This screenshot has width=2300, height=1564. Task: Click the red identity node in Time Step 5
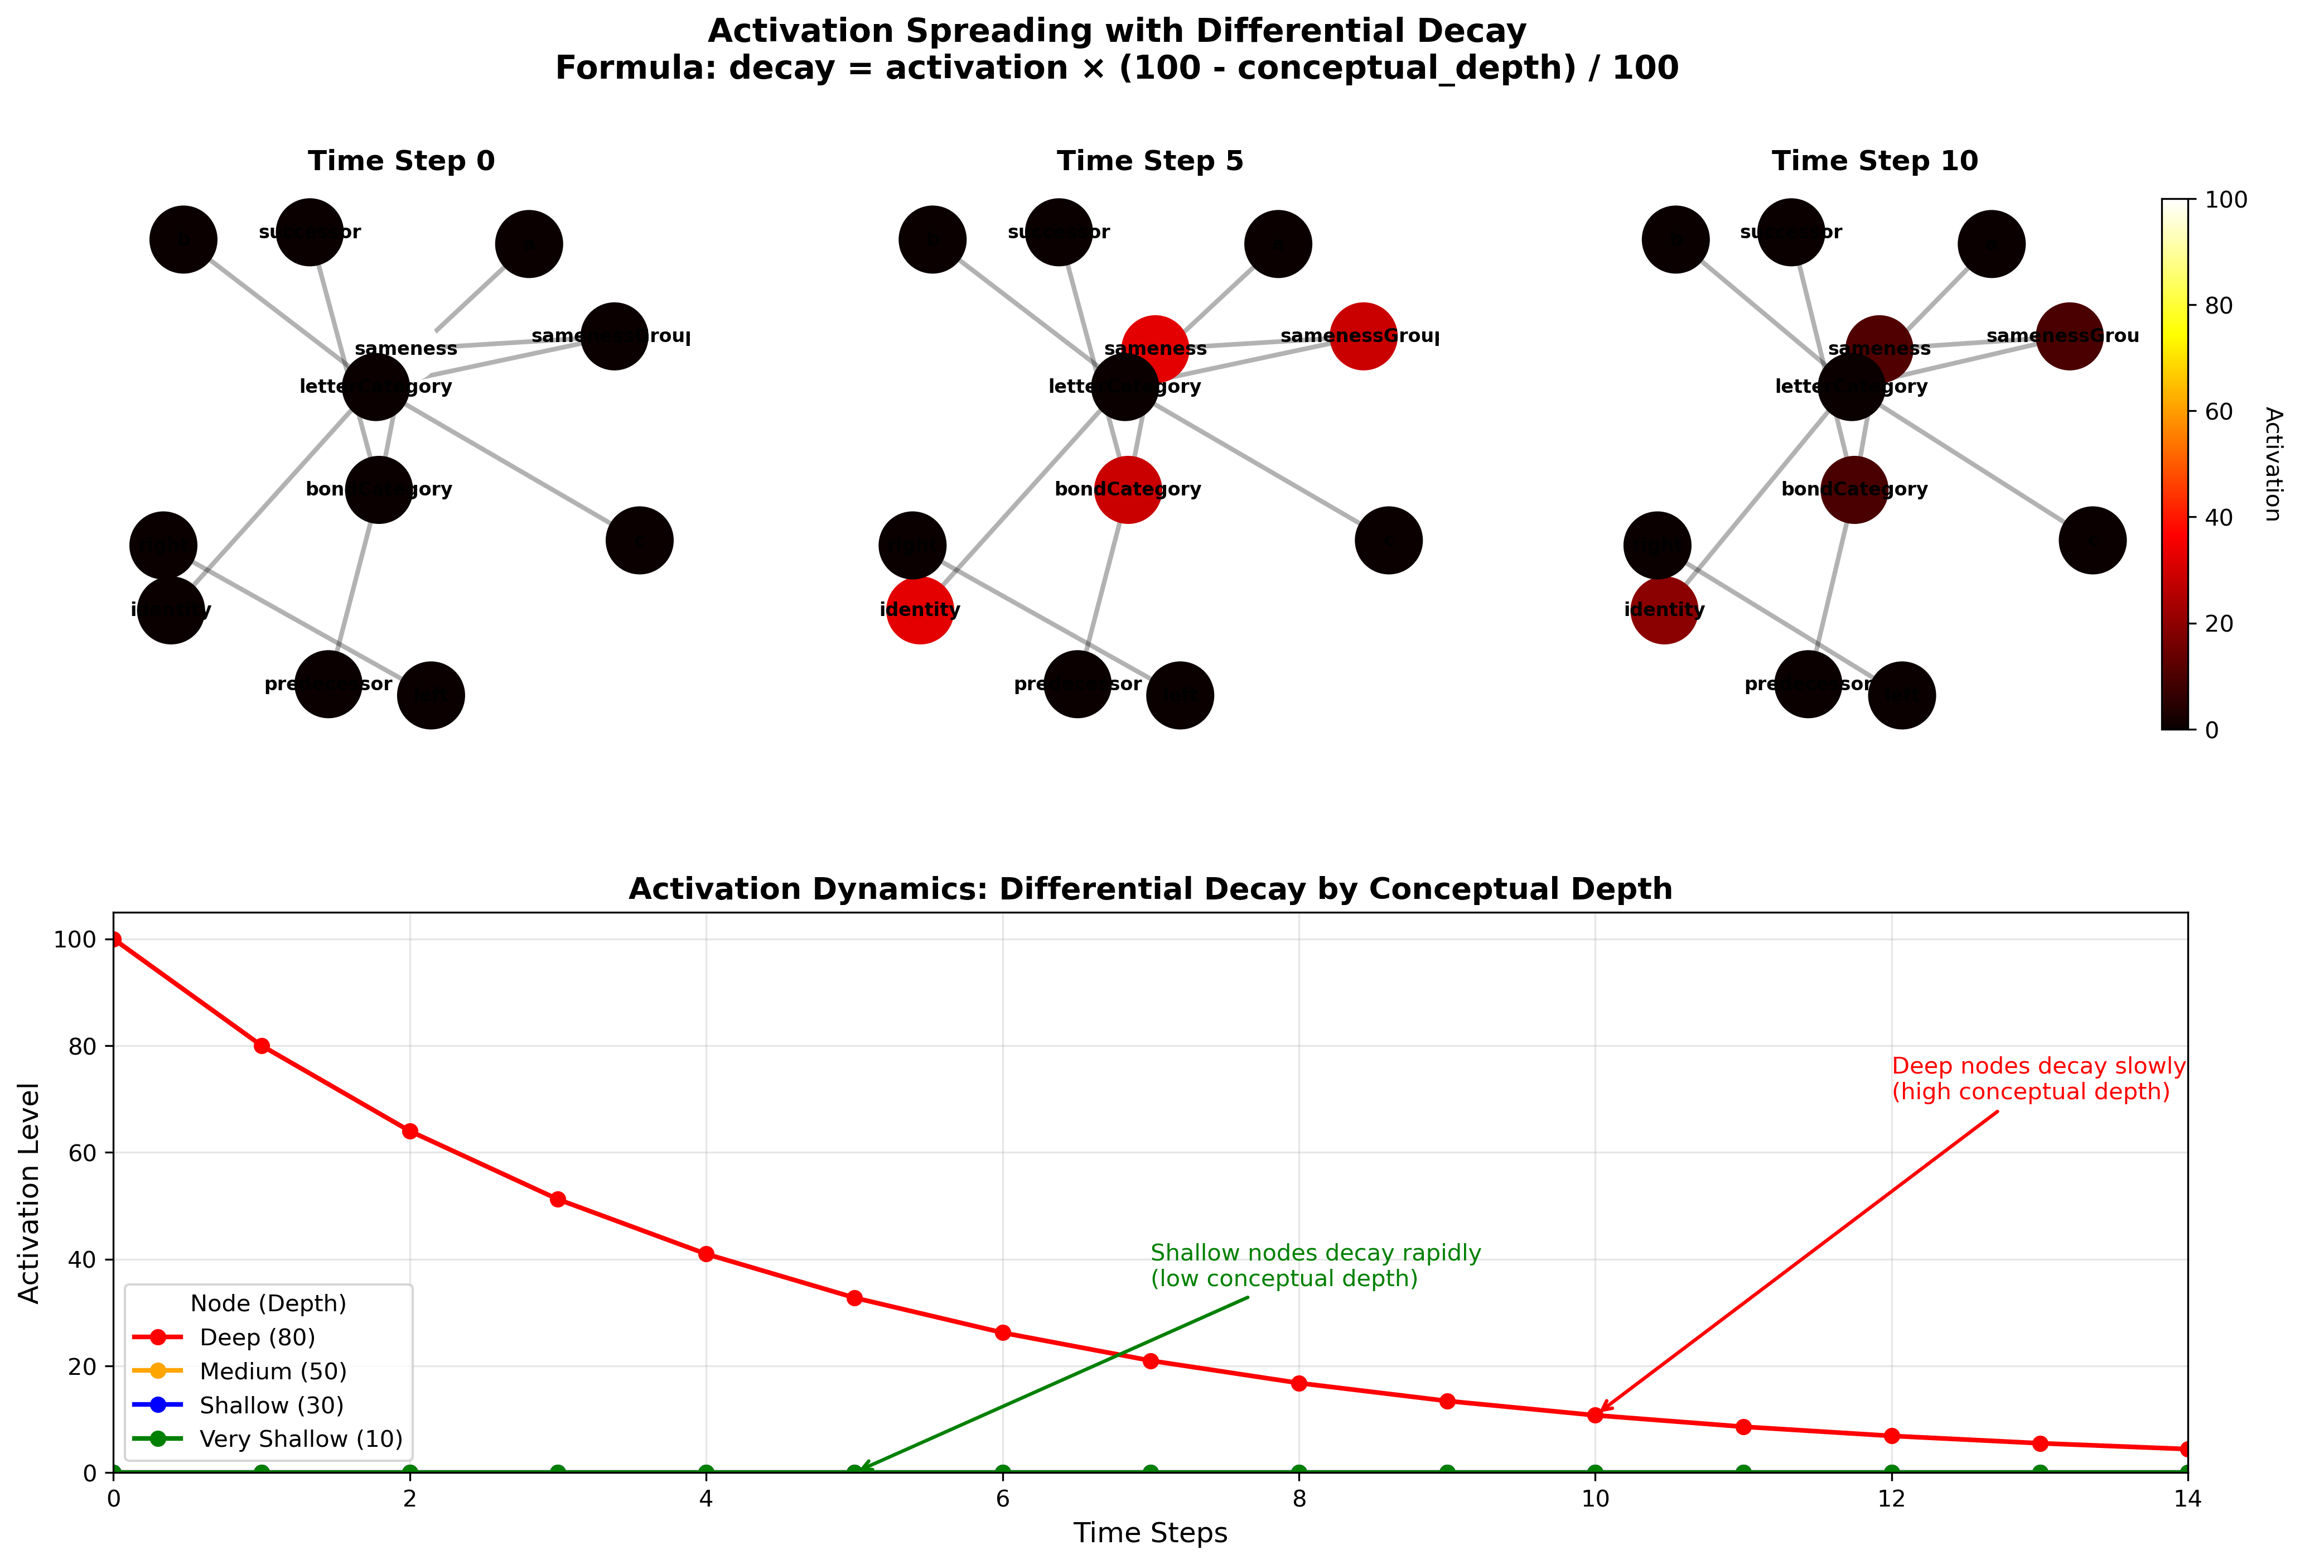point(920,610)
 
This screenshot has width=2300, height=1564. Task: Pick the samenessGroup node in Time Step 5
point(1363,336)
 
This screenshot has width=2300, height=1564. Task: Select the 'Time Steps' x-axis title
point(1150,1533)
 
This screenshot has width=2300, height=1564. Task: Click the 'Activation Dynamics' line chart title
point(1150,889)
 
